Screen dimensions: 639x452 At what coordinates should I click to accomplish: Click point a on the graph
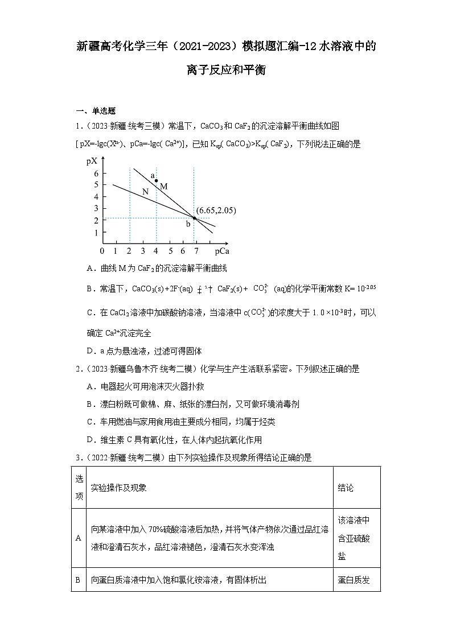(157, 180)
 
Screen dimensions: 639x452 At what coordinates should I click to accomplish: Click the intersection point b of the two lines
(194, 218)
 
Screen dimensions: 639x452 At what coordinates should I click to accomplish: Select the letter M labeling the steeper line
(164, 186)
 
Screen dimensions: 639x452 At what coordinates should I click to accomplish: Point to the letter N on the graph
(145, 192)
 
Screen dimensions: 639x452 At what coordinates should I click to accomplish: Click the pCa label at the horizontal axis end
(222, 250)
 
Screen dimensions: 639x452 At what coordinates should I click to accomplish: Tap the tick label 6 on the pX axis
(96, 173)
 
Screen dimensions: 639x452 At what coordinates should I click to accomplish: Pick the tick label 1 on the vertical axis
(96, 232)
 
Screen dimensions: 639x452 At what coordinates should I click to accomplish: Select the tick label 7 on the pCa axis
(196, 250)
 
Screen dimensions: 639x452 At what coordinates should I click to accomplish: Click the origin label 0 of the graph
(102, 250)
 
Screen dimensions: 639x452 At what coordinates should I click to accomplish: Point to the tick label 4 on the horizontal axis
(156, 250)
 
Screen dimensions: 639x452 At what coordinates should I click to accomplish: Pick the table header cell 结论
(346, 488)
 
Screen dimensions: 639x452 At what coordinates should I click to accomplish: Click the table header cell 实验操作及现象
(119, 488)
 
